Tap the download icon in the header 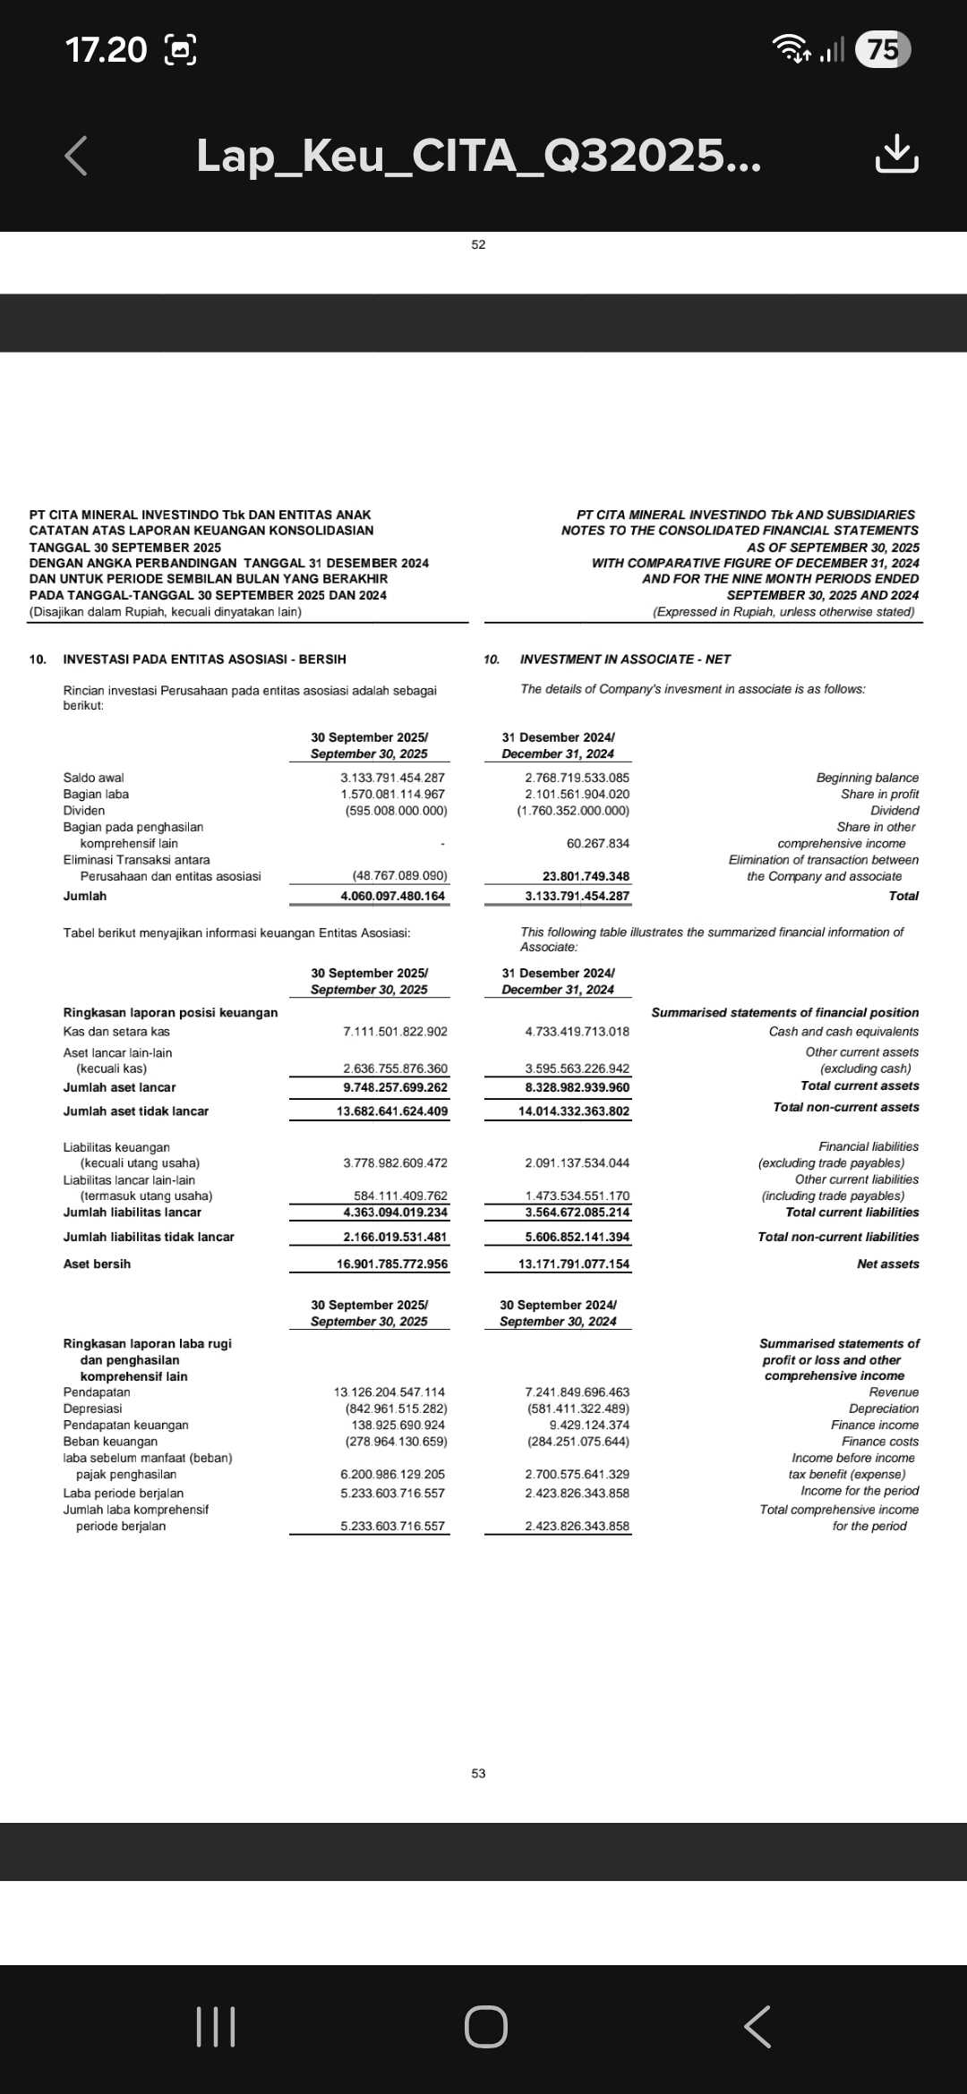(x=896, y=155)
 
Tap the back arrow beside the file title (x=77, y=156)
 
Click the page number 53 (x=478, y=1773)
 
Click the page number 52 (x=478, y=244)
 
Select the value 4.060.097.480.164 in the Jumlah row (x=392, y=896)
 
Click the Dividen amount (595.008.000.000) (x=396, y=811)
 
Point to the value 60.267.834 (x=597, y=843)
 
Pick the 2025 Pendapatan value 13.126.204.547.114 (x=389, y=1392)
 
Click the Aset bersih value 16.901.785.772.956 (x=392, y=1264)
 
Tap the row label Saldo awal (x=93, y=778)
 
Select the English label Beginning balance (x=867, y=778)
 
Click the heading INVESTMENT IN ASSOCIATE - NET (x=625, y=659)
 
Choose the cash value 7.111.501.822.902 (x=395, y=1031)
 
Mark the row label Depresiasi (x=92, y=1409)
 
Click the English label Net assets (x=887, y=1264)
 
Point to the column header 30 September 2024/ (x=558, y=1305)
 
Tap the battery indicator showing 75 (x=883, y=49)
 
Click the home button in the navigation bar (x=485, y=2026)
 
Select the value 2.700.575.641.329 (x=577, y=1474)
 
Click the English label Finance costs (x=879, y=1441)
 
